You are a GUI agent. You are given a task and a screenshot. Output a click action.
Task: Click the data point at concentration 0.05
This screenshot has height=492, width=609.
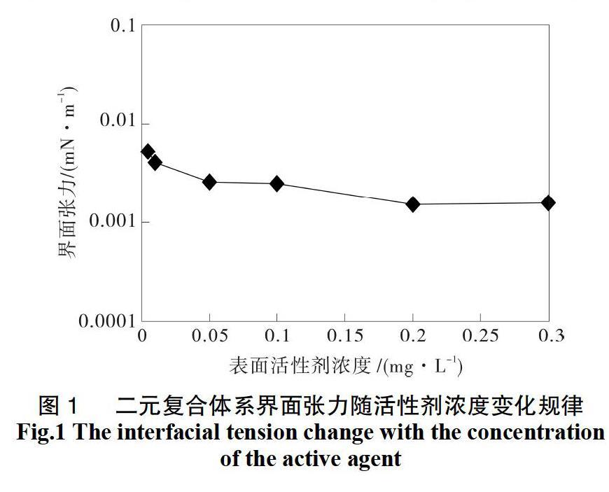[209, 182]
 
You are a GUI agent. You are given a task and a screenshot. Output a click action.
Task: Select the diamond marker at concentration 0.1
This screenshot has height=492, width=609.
[277, 184]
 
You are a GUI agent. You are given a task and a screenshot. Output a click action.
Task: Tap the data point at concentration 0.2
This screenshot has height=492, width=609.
[413, 204]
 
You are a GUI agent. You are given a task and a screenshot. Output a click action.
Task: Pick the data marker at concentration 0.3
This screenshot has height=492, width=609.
[548, 203]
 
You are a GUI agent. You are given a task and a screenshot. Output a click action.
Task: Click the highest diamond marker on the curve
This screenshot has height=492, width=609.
[148, 151]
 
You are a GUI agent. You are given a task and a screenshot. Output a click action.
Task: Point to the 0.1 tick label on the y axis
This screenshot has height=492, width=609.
[122, 26]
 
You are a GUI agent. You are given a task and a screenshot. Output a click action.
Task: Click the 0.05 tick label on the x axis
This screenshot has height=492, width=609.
[209, 336]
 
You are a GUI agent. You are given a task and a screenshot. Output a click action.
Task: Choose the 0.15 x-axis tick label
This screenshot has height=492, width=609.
[345, 336]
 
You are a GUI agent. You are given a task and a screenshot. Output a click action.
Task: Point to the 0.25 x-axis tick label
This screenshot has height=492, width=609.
[481, 336]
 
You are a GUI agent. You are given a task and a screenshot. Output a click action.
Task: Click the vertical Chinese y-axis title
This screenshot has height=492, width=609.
[67, 171]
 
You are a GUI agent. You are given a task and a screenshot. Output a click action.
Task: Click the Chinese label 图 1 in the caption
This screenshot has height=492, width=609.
[59, 405]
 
